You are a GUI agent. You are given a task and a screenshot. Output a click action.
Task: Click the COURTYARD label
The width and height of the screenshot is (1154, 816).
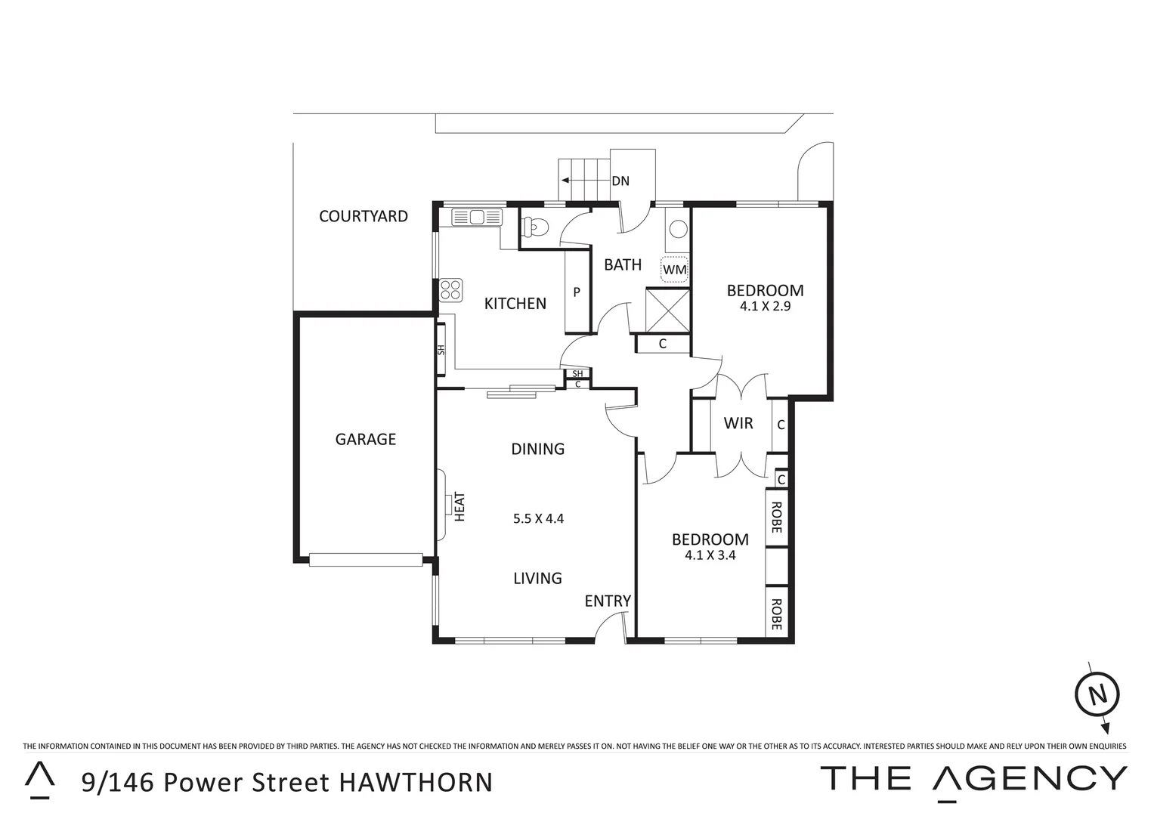[363, 216]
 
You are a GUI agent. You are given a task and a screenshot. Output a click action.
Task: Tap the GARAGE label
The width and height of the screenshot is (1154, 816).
[365, 439]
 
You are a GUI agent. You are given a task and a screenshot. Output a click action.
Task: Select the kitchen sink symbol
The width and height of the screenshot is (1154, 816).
[477, 218]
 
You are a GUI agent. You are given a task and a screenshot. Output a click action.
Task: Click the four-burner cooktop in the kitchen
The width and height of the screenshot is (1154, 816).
[451, 289]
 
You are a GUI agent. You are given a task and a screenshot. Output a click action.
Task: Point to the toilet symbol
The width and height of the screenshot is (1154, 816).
[536, 226]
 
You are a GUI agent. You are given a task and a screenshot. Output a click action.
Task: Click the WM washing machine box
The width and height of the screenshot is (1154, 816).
[674, 269]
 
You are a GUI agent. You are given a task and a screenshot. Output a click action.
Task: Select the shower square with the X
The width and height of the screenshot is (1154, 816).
[667, 310]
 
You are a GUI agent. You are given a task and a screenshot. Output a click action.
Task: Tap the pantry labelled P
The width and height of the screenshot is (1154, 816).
[577, 292]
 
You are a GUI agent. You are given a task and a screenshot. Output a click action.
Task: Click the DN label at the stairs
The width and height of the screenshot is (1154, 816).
[620, 181]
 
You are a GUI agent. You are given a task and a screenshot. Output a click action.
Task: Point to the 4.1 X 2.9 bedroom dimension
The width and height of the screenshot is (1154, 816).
[765, 307]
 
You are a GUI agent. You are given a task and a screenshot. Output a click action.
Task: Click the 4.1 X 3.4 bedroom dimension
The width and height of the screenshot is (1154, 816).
[710, 555]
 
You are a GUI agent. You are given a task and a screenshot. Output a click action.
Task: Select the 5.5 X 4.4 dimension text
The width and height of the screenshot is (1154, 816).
[538, 519]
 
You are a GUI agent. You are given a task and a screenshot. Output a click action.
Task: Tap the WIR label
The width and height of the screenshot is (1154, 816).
[738, 423]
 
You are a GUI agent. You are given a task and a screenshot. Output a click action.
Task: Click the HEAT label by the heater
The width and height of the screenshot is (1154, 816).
[459, 507]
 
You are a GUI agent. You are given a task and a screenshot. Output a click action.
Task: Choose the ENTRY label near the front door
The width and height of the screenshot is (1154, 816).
[608, 601]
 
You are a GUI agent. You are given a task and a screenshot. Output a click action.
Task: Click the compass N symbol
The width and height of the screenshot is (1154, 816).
[1097, 694]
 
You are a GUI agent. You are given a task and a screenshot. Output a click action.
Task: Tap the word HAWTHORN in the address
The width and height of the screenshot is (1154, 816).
[415, 782]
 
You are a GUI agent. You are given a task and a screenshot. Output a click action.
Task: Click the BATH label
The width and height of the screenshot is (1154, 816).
[623, 264]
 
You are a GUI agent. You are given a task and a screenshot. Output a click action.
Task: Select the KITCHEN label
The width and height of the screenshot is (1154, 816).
[515, 304]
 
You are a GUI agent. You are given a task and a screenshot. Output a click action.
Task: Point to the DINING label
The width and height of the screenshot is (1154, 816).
[537, 449]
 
